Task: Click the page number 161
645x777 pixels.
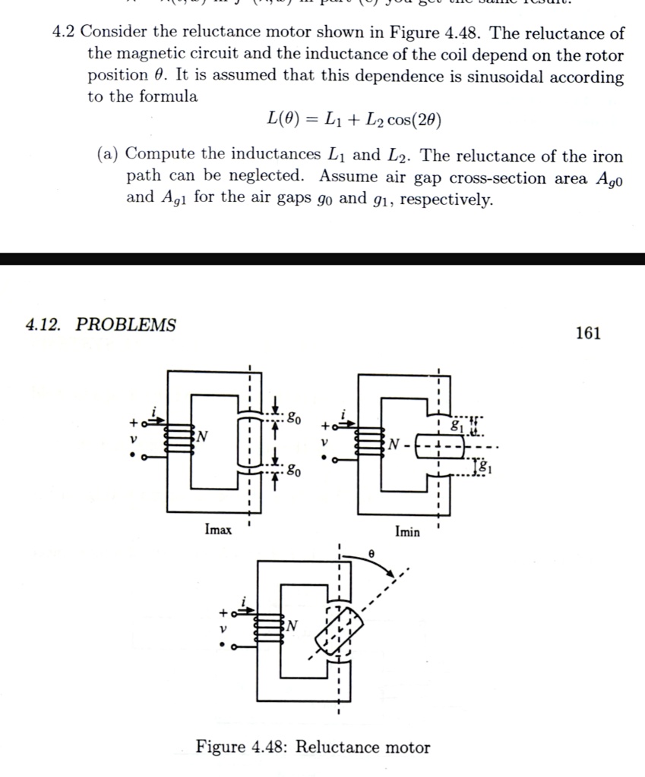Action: pos(589,333)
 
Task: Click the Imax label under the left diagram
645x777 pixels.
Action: pos(218,530)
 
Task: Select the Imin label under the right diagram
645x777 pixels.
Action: pos(407,531)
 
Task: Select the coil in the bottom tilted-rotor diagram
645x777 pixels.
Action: pos(270,629)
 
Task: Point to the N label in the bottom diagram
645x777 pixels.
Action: pos(291,624)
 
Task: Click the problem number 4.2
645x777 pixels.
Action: pos(64,33)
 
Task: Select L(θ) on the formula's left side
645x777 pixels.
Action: pos(284,119)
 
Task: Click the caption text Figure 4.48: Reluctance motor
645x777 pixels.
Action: pos(313,747)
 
